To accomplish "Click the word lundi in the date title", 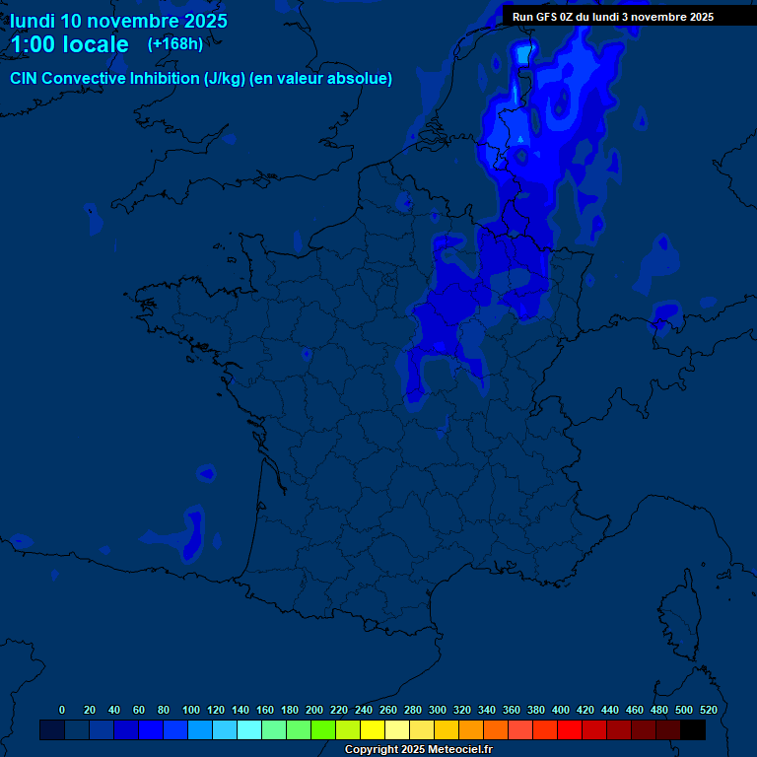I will pyautogui.click(x=32, y=21).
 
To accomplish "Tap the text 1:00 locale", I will pyautogui.click(x=69, y=44).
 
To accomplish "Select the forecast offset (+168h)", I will pyautogui.click(x=175, y=43).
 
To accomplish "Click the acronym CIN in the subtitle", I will pyautogui.click(x=25, y=79).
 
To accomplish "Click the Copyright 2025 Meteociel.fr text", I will pyautogui.click(x=418, y=750).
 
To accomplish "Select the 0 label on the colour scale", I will pyautogui.click(x=62, y=710).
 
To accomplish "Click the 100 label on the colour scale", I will pyautogui.click(x=191, y=710).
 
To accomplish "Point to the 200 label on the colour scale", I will pyautogui.click(x=314, y=710).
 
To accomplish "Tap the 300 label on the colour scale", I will pyautogui.click(x=438, y=710).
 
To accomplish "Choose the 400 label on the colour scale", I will pyautogui.click(x=561, y=710).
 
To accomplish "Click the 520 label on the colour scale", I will pyautogui.click(x=708, y=710).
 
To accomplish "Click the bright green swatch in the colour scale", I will pyautogui.click(x=323, y=729).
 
